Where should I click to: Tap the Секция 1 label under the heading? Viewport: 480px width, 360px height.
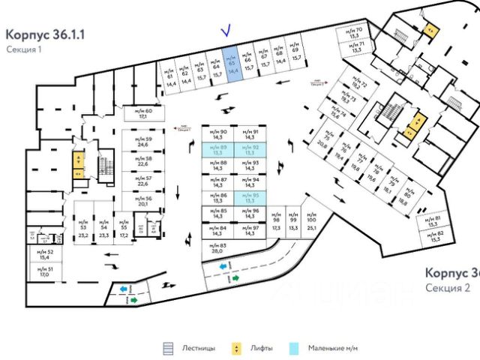click(24, 49)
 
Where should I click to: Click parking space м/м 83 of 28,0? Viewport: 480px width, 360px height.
click(217, 250)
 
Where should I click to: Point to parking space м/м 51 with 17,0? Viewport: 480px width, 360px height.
click(44, 271)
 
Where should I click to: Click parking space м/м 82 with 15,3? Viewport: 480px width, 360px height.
click(434, 237)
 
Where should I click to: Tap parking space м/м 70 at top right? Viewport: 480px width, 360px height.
click(358, 34)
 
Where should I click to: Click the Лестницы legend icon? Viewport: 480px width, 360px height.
click(169, 348)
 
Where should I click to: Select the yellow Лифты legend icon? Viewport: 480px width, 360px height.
click(237, 348)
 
